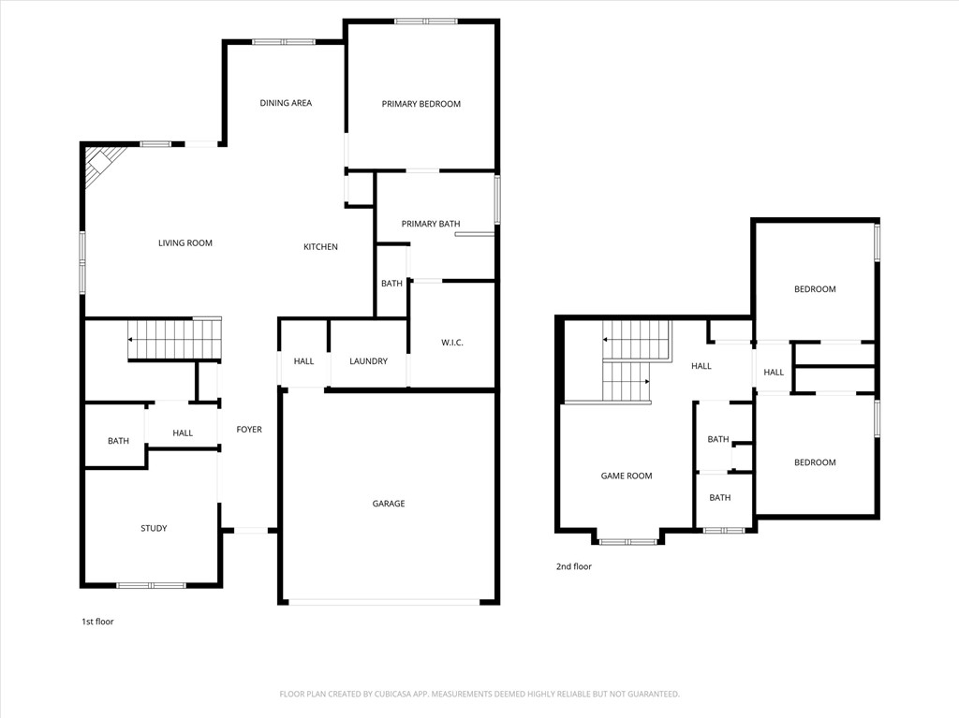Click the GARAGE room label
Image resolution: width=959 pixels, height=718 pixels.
click(389, 504)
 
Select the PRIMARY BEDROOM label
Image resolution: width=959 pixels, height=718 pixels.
click(420, 104)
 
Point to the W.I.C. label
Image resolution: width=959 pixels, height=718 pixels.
click(451, 343)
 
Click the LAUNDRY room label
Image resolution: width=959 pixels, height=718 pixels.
click(368, 361)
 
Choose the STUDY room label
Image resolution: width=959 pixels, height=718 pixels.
click(154, 528)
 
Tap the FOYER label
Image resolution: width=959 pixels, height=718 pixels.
click(249, 430)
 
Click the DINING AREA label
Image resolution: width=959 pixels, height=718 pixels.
click(286, 103)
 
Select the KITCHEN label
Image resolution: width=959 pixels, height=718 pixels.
click(320, 247)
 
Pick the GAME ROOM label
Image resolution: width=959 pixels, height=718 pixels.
click(626, 476)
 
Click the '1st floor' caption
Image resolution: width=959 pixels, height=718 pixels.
click(97, 621)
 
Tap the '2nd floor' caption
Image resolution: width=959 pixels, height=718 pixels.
click(574, 566)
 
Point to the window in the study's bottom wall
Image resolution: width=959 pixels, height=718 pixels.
click(151, 585)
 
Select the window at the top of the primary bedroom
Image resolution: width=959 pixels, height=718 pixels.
click(425, 21)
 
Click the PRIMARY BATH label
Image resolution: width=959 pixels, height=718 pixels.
click(431, 224)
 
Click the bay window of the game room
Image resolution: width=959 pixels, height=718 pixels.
click(627, 541)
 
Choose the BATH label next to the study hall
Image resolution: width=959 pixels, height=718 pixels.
click(118, 441)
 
